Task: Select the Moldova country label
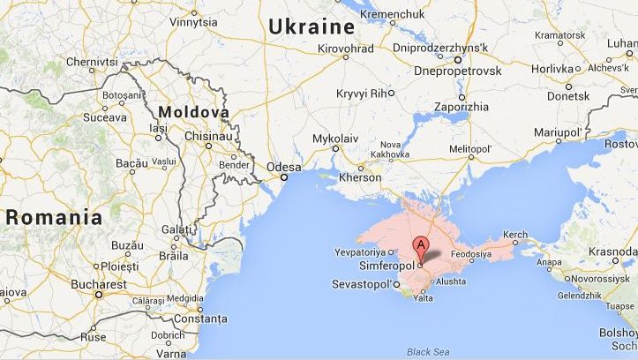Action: [x=193, y=112]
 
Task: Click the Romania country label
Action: [x=54, y=216]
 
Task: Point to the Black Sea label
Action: [x=427, y=352]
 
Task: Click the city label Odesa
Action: [x=284, y=167]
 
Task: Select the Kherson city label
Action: [x=360, y=177]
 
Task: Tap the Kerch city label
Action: [x=514, y=236]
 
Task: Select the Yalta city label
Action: [x=424, y=298]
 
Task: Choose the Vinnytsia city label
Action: [x=194, y=22]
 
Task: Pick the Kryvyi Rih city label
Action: [x=362, y=93]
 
